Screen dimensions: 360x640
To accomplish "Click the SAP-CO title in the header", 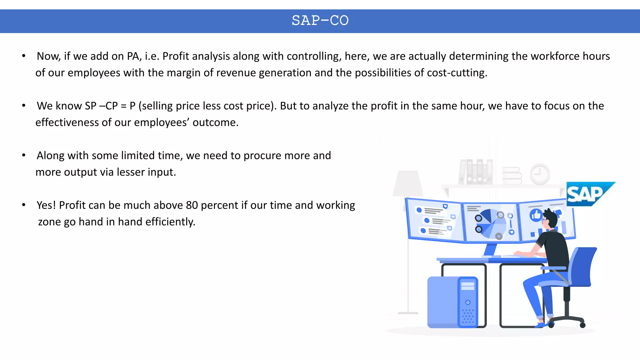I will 320,21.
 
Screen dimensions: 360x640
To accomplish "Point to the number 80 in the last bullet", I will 192,205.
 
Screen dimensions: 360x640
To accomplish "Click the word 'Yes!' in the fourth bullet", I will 46,205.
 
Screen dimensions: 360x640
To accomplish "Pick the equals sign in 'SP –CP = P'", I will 124,106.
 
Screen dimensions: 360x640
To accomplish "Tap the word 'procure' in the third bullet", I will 258,156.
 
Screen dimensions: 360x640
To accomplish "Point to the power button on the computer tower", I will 467,302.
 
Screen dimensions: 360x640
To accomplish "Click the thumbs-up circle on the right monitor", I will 536,215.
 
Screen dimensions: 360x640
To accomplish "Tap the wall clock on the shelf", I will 540,174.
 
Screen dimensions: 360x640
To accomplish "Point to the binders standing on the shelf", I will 476,172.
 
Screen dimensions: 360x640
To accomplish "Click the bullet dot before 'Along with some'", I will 24,155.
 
